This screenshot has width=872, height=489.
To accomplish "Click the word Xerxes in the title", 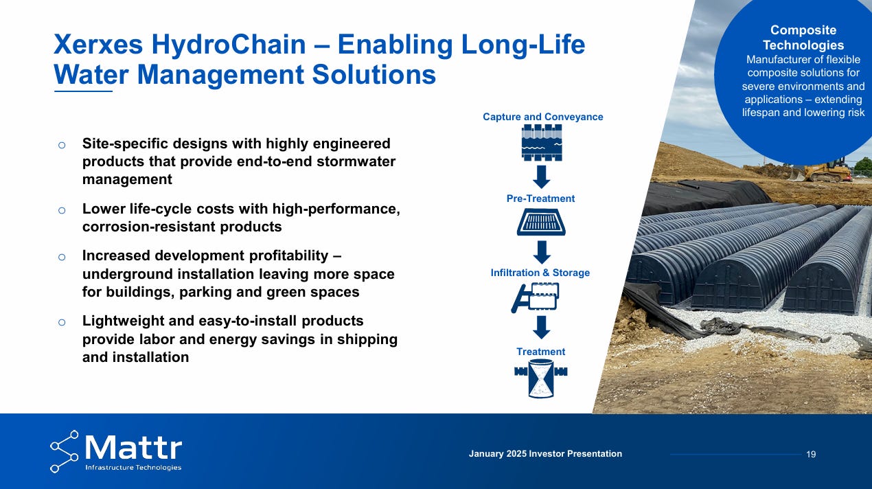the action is point(98,45).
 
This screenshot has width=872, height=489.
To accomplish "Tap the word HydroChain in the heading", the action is point(229,45).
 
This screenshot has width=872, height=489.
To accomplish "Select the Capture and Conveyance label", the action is point(542,117).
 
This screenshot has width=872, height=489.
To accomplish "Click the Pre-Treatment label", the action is point(540,198).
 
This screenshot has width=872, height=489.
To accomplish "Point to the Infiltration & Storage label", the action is point(540,273).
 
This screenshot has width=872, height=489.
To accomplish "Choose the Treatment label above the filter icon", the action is point(540,352).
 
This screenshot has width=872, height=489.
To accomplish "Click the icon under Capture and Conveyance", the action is point(542,142).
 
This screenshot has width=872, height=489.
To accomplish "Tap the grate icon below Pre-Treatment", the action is point(541,222).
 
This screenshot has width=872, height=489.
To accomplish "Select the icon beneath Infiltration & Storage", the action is point(536,298).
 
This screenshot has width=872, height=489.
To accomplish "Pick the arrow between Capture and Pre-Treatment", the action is point(541,177).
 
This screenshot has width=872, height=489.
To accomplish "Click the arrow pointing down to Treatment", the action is point(541,328).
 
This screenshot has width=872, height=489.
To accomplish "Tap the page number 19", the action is point(811,455).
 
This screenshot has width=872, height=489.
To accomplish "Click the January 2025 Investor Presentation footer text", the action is point(545,453).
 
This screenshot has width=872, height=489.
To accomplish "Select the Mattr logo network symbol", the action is point(65,451).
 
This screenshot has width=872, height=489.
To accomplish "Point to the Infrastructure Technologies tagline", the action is point(133,467).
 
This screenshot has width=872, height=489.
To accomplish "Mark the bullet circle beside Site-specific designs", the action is point(62,145).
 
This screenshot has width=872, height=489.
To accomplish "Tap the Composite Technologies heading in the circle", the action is point(803,37).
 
